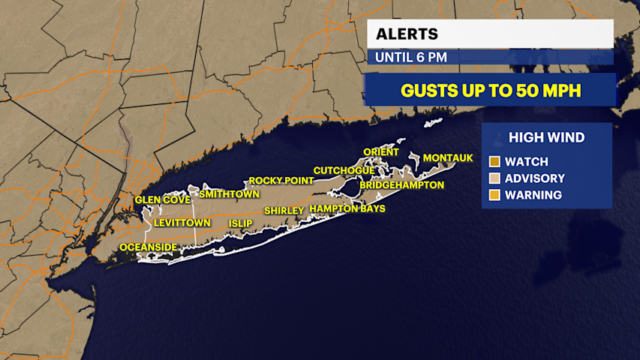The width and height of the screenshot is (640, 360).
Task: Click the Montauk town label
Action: click(448, 158)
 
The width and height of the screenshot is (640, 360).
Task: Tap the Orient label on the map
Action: click(381, 152)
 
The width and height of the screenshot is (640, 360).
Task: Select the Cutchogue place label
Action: click(344, 170)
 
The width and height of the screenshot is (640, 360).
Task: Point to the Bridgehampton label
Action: click(401, 184)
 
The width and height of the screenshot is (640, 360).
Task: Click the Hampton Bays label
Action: click(347, 208)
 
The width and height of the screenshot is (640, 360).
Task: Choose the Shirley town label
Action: click(284, 211)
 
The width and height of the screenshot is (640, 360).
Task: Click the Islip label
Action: click(240, 223)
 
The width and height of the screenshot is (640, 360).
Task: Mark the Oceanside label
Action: click(149, 247)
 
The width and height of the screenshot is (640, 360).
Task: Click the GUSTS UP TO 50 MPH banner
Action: click(489, 90)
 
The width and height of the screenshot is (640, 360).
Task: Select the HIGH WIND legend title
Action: click(546, 137)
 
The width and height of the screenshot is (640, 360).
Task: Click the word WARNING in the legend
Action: click(533, 195)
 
